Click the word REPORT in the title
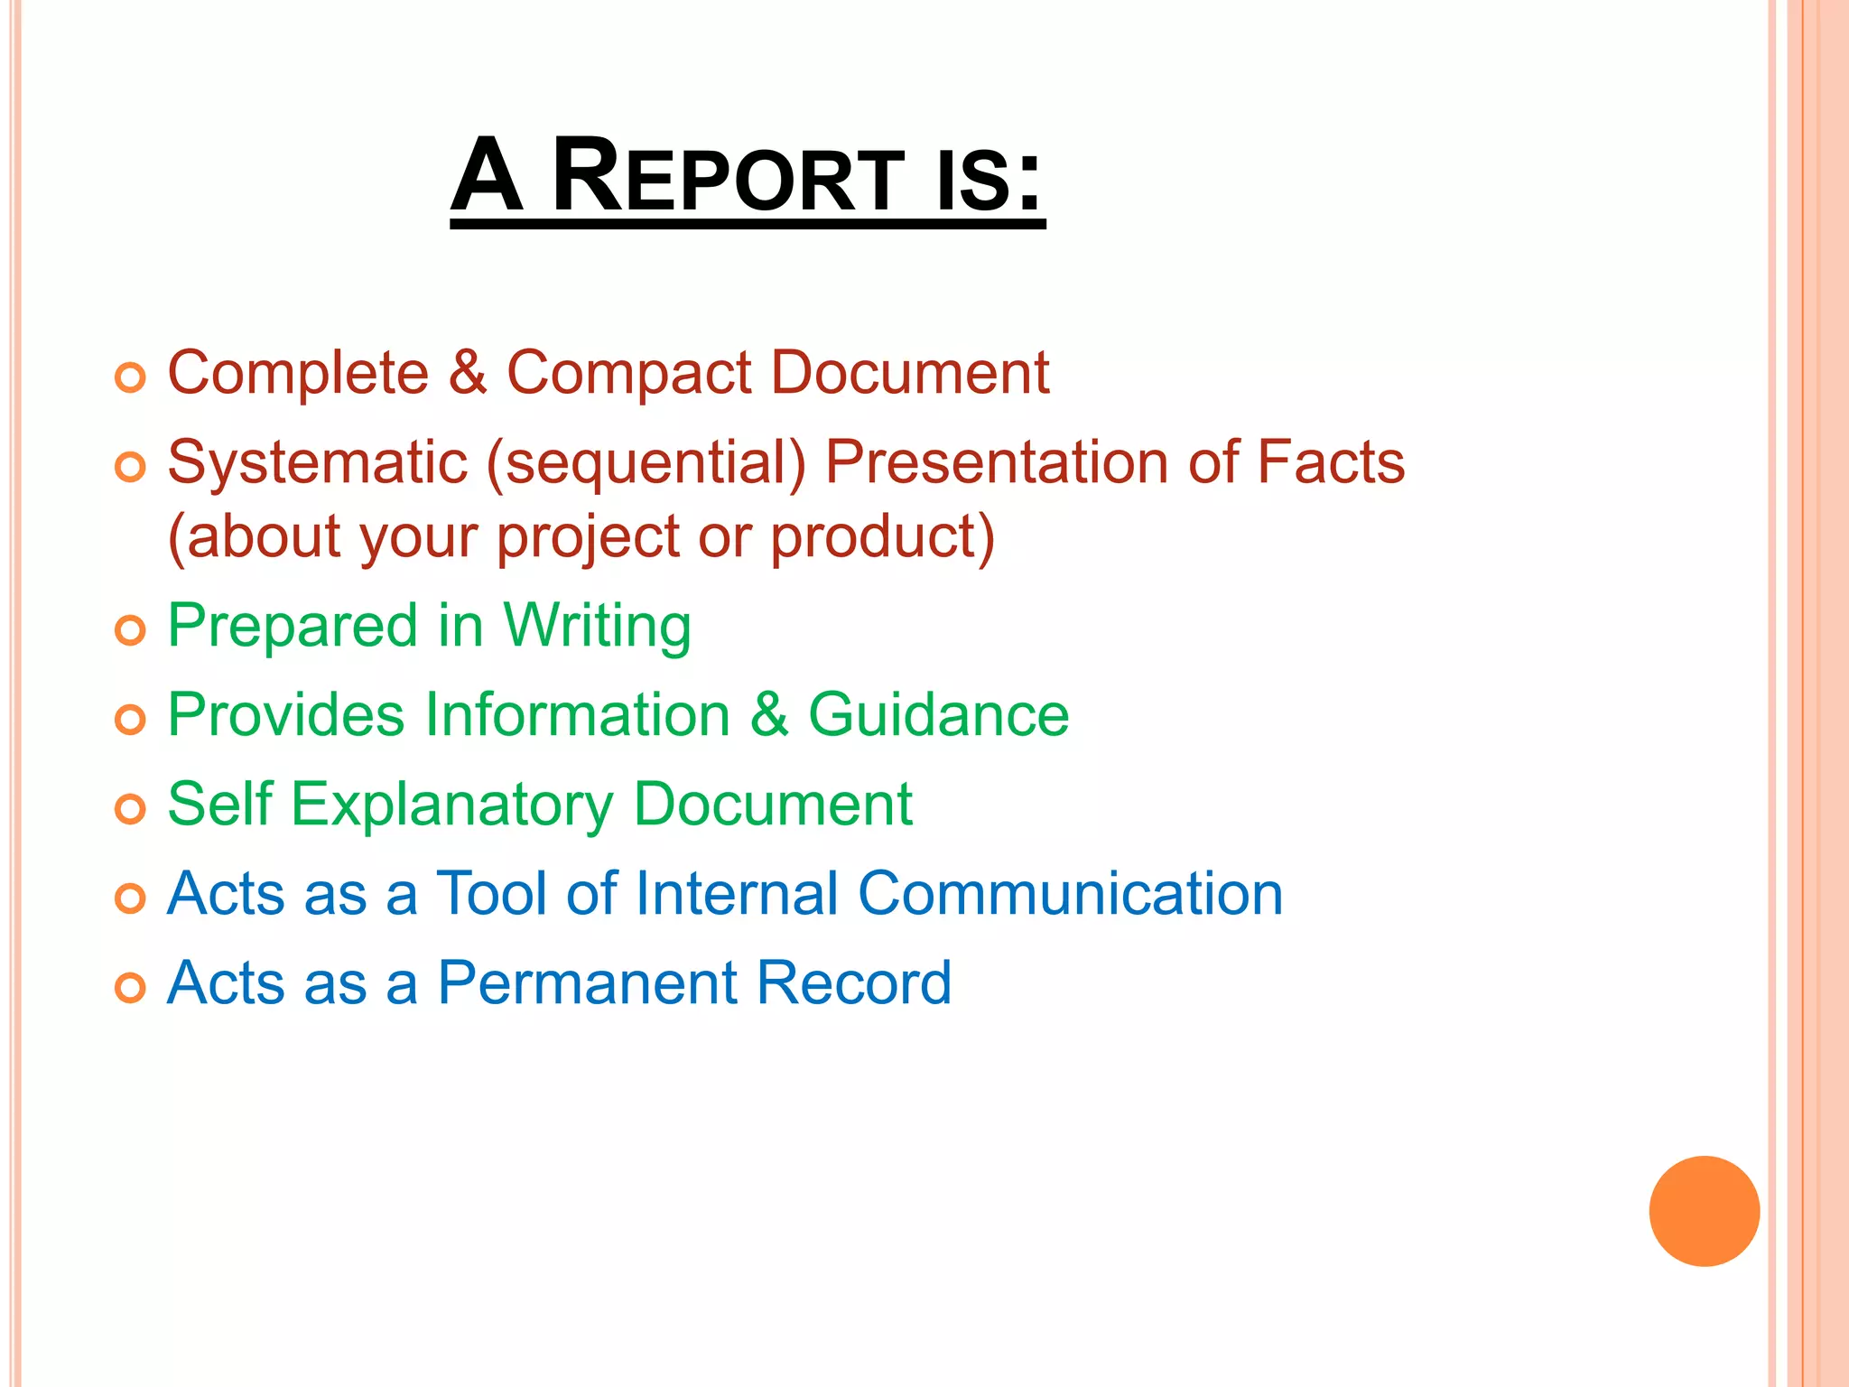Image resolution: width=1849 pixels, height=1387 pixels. click(727, 175)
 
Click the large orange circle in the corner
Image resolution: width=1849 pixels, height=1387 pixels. click(1704, 1211)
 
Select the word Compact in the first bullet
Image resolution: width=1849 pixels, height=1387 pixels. click(628, 373)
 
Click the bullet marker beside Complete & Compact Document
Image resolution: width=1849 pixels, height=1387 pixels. click(130, 377)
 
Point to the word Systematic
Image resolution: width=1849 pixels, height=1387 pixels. click(318, 462)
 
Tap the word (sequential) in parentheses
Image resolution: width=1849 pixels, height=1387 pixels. click(646, 464)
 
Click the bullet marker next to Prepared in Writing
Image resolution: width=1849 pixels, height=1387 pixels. click(130, 630)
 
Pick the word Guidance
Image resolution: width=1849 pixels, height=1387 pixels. click(938, 715)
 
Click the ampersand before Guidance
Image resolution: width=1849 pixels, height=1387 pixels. click(769, 715)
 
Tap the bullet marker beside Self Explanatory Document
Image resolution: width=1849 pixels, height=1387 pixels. click(130, 808)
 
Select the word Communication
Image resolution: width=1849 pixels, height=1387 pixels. click(1070, 894)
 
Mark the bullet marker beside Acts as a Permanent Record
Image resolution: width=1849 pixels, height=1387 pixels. click(130, 988)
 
